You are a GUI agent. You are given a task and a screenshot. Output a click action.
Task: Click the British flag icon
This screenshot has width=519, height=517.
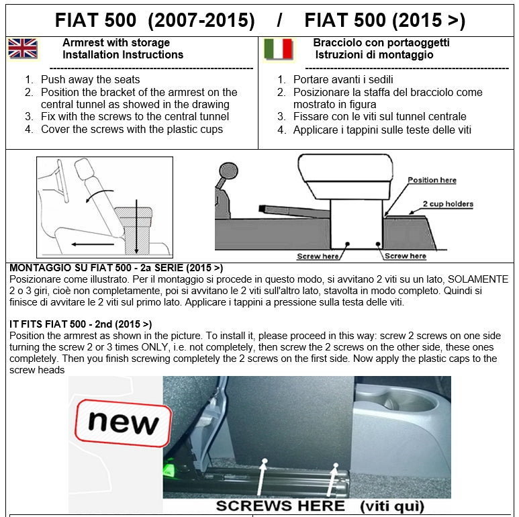[x=23, y=48]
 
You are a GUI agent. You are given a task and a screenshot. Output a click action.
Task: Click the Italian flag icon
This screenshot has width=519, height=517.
[x=279, y=49]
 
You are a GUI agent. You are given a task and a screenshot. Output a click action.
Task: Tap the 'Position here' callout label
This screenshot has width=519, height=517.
[x=432, y=180]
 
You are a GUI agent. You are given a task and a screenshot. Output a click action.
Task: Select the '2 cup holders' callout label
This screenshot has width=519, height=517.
[x=448, y=204]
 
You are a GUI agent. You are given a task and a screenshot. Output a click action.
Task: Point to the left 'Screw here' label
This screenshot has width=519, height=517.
[x=318, y=256]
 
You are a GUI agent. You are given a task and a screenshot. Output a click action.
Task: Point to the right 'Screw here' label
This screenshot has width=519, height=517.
[x=405, y=256]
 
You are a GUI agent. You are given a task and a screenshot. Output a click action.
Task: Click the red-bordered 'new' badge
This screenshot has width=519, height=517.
[x=123, y=423]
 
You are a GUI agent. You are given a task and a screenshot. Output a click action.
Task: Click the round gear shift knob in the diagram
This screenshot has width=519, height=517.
[x=228, y=171]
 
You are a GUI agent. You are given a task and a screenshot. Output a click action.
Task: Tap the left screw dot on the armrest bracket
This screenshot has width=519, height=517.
[x=347, y=244]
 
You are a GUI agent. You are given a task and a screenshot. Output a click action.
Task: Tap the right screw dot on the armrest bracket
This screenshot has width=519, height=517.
[x=378, y=244]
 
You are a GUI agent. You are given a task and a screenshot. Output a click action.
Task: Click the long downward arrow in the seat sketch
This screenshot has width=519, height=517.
[x=136, y=226]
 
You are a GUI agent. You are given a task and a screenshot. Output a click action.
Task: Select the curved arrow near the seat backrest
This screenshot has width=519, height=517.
[x=98, y=193]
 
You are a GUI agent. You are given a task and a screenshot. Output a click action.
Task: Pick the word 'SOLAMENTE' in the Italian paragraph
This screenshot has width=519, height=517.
[x=478, y=279]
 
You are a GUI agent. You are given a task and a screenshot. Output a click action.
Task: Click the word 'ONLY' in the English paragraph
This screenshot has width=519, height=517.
[x=154, y=347]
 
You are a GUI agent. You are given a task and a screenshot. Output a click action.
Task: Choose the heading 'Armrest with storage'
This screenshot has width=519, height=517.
[x=116, y=43]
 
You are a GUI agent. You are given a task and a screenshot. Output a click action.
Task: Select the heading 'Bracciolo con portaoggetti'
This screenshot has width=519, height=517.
[x=381, y=43]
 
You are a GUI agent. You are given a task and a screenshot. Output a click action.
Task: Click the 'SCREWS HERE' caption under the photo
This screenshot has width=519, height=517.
[x=281, y=506]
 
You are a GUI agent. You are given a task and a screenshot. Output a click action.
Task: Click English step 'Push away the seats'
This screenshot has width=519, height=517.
[x=91, y=80]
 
